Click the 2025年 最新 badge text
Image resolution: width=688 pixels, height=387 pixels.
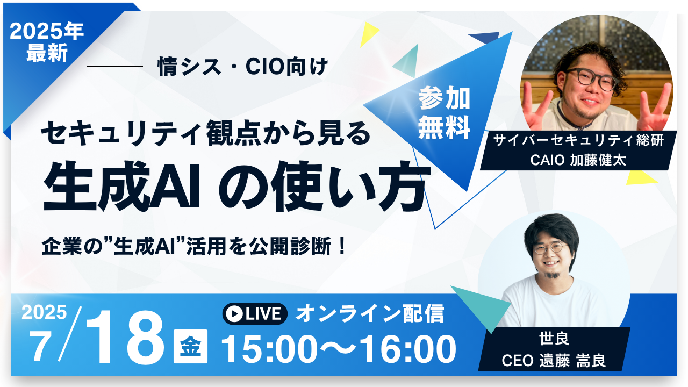click(x=47, y=42)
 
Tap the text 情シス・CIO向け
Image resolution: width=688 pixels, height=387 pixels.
click(x=242, y=66)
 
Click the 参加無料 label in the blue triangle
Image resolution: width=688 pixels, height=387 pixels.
click(x=444, y=113)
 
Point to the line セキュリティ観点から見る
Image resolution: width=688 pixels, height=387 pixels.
click(x=206, y=133)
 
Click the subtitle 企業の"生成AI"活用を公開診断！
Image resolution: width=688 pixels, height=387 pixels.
click(x=194, y=246)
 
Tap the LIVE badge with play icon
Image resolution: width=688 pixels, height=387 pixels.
click(x=255, y=313)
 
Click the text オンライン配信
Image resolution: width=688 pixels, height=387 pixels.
click(x=370, y=313)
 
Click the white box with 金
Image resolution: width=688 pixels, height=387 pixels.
click(x=190, y=347)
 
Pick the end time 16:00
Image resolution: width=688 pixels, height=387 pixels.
click(x=408, y=349)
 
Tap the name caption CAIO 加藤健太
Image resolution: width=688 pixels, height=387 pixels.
click(x=578, y=160)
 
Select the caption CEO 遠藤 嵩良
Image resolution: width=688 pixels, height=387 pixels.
click(x=554, y=361)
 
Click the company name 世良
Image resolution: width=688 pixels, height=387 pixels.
click(x=554, y=339)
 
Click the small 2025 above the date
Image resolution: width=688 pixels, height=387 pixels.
click(x=44, y=312)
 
